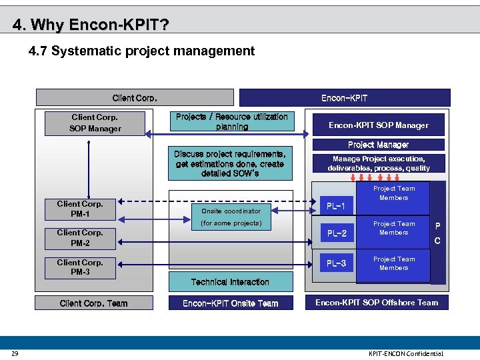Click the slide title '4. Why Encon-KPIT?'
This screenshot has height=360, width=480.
91,25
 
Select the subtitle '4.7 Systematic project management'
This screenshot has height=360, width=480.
141,51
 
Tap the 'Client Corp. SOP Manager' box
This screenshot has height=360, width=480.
95,123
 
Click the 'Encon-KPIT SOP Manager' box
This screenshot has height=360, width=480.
378,125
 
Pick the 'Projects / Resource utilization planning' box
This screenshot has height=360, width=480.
231,122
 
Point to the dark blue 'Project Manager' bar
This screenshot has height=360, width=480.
378,145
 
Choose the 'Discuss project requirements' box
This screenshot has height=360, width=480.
230,164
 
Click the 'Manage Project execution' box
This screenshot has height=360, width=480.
378,163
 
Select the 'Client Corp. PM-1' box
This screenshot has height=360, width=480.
80,209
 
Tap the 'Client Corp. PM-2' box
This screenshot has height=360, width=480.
80,238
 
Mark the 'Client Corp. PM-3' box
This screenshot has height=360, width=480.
80,267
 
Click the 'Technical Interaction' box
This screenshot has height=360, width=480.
230,282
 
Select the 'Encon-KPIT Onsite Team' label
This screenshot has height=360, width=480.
230,303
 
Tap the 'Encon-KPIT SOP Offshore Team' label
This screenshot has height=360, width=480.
377,303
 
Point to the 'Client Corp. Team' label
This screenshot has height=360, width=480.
93,303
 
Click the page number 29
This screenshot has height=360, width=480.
15,353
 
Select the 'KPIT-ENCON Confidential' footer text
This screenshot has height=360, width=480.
405,353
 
